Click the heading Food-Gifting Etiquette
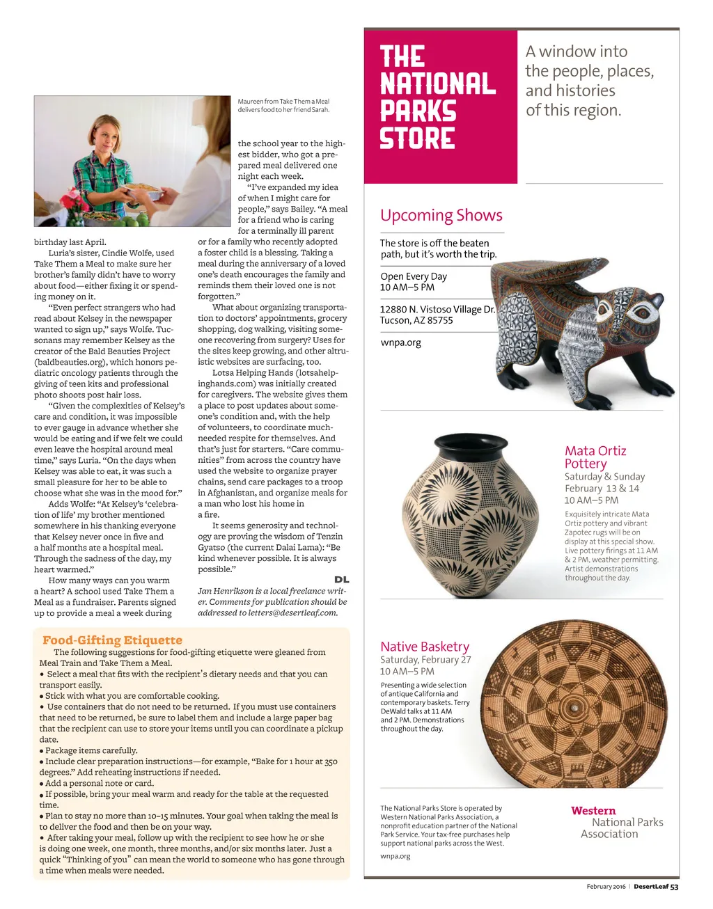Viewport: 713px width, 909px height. tap(112, 640)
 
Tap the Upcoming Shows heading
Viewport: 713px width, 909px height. tap(441, 216)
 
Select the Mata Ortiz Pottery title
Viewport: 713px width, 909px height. tap(595, 457)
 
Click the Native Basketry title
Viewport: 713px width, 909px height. tap(425, 647)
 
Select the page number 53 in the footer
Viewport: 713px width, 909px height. tap(674, 887)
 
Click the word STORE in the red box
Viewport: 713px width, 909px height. tap(417, 139)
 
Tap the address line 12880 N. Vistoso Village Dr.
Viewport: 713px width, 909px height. tap(437, 310)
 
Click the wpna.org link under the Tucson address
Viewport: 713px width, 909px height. tap(400, 342)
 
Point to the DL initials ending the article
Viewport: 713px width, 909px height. tap(341, 580)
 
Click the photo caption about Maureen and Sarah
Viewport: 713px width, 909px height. tap(283, 106)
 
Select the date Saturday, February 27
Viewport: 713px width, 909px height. tap(425, 660)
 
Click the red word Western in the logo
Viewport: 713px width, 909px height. tap(593, 811)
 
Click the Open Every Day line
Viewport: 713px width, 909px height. tap(414, 276)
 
